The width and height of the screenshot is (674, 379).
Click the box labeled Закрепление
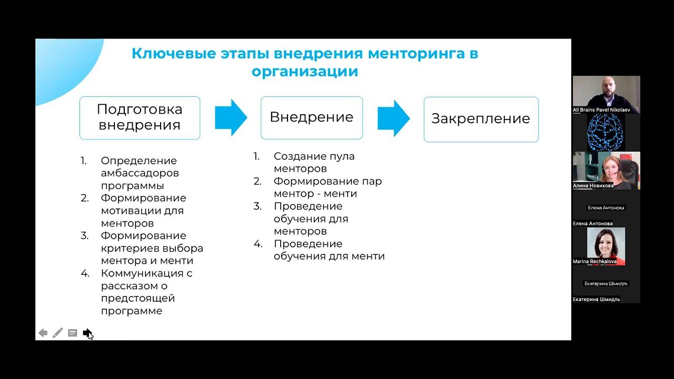[x=481, y=119]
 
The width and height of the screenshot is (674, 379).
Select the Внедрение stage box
[x=312, y=117]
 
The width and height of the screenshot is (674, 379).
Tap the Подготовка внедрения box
[x=140, y=117]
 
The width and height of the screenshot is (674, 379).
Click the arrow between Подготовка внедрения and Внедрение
[x=231, y=117]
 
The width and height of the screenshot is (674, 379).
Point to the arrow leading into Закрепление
[x=393, y=118]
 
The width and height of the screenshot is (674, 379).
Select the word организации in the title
[x=305, y=72]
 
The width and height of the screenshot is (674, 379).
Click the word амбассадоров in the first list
[x=140, y=173]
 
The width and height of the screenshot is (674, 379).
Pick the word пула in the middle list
[x=342, y=156]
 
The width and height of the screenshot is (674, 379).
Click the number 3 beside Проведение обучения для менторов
[x=257, y=206]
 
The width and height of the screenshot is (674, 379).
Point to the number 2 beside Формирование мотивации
[x=85, y=198]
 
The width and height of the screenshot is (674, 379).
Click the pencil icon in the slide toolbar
[x=58, y=333]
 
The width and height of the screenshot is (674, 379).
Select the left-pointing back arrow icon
[x=43, y=333]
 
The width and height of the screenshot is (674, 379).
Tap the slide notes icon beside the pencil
[x=73, y=333]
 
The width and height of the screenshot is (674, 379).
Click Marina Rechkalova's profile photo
[x=606, y=245]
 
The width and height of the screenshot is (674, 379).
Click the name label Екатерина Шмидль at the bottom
[x=597, y=300]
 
